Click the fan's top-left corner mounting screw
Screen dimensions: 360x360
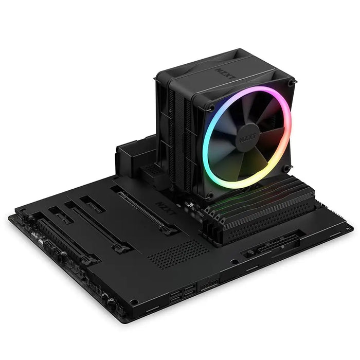click(211, 108)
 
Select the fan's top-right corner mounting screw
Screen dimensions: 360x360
click(291, 83)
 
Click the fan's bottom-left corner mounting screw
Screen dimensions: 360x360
click(209, 195)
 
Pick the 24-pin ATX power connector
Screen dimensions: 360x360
click(267, 246)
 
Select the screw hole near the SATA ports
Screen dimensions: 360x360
click(134, 302)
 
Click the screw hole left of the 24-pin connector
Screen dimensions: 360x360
click(234, 262)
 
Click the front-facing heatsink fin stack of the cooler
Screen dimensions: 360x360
click(177, 134)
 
